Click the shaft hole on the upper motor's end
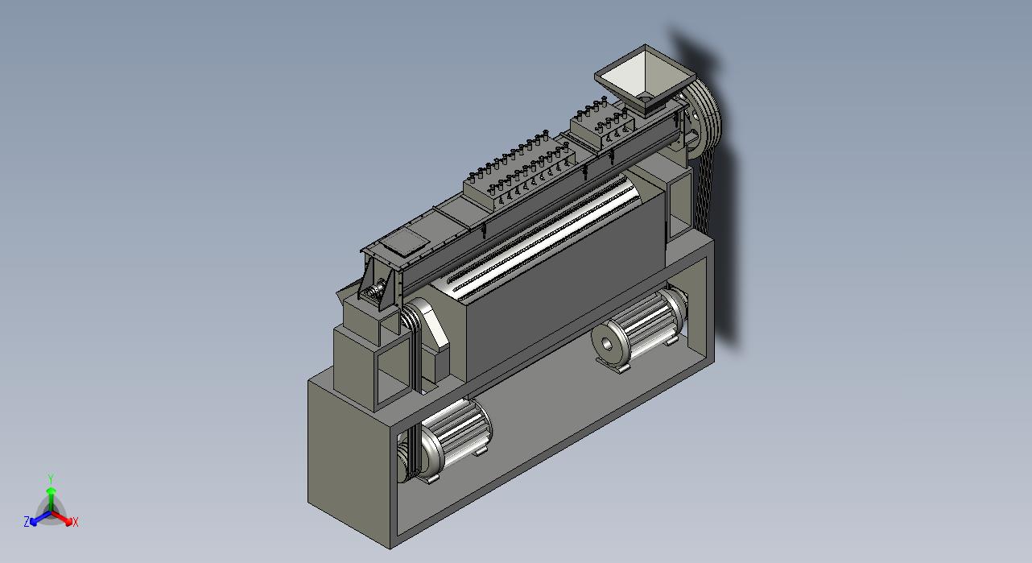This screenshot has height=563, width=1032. click(607, 344)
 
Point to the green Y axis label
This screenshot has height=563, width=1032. click(51, 478)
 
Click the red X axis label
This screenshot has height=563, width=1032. click(75, 523)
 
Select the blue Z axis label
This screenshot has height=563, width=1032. click(27, 521)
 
